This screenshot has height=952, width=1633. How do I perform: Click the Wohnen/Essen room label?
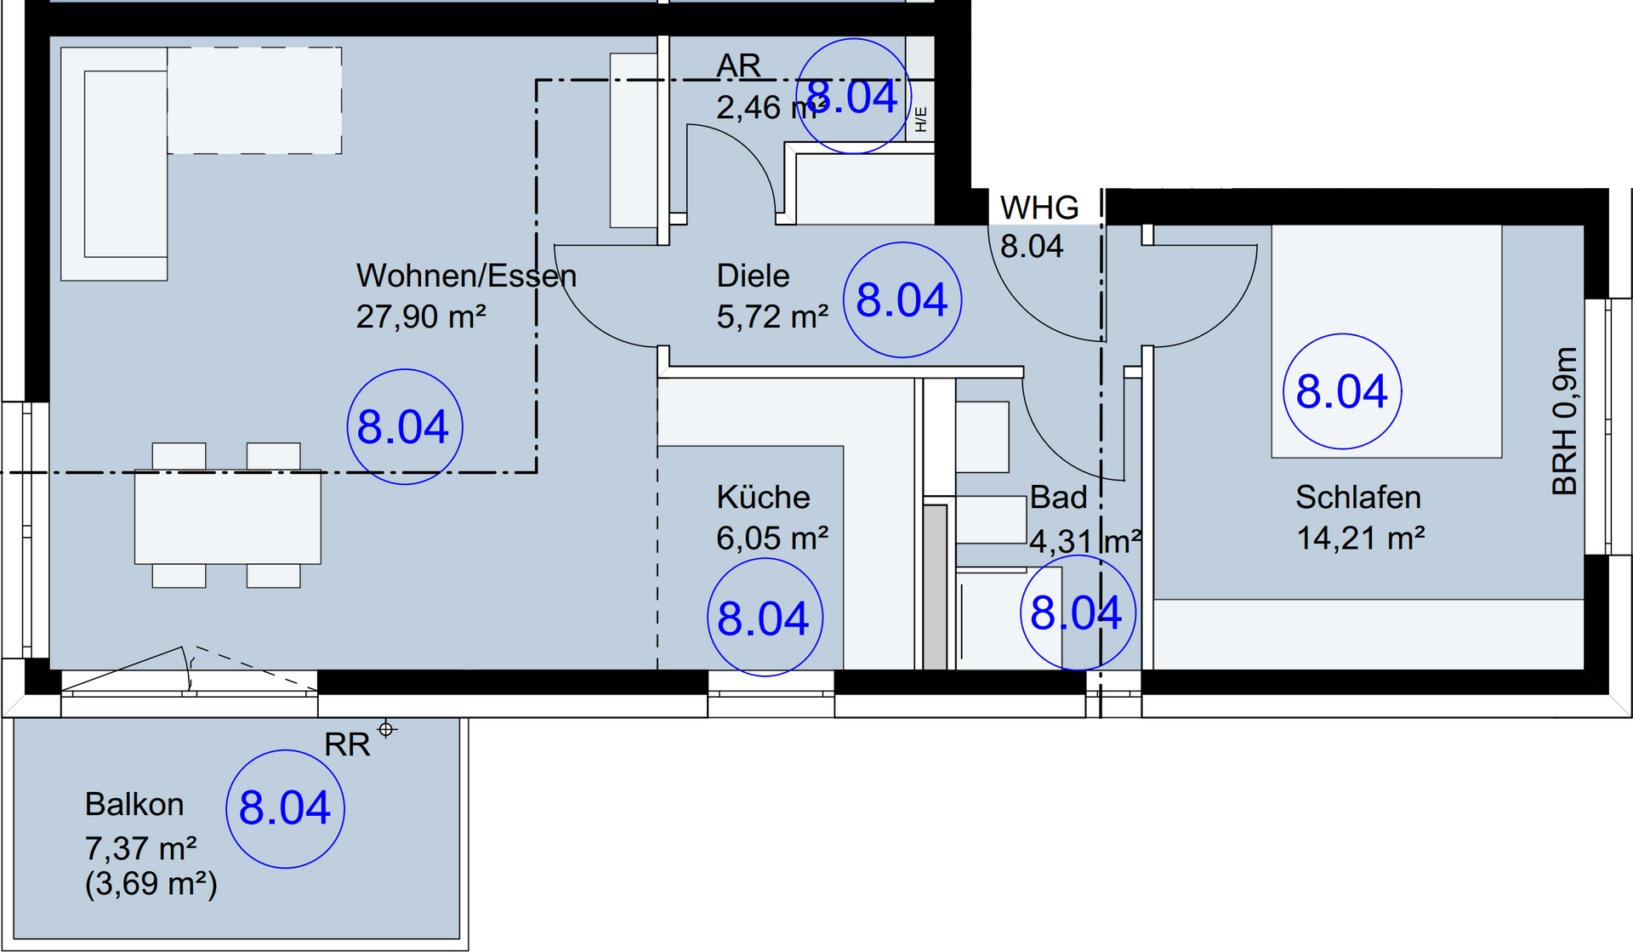tap(466, 276)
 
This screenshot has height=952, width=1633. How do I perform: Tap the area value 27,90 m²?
tap(421, 316)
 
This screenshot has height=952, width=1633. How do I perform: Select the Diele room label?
tap(753, 276)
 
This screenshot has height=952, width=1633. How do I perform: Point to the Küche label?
tap(763, 497)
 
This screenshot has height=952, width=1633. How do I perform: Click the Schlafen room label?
tap(1358, 497)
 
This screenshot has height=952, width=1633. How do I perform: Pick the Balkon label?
tap(134, 804)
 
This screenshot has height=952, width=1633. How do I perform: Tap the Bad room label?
tap(1058, 497)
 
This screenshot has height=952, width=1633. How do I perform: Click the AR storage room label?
tap(738, 66)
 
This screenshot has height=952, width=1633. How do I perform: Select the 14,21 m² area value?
tap(1361, 538)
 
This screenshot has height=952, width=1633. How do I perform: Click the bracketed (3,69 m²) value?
tap(151, 884)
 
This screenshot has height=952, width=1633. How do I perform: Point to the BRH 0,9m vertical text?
tap(1565, 421)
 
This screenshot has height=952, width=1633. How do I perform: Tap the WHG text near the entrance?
tap(1039, 208)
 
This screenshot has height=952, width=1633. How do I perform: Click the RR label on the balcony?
tap(347, 744)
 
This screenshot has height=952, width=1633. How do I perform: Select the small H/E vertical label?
tap(921, 119)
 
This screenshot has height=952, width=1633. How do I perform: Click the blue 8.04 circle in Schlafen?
tap(1342, 391)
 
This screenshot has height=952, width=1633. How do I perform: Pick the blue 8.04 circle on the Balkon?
tap(285, 808)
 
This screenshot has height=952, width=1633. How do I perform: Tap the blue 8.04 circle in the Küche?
tap(765, 618)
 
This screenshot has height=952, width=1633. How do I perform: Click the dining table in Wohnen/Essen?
tap(228, 516)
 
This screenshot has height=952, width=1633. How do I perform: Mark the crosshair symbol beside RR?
tap(387, 729)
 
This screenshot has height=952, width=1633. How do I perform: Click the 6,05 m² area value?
tap(772, 538)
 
